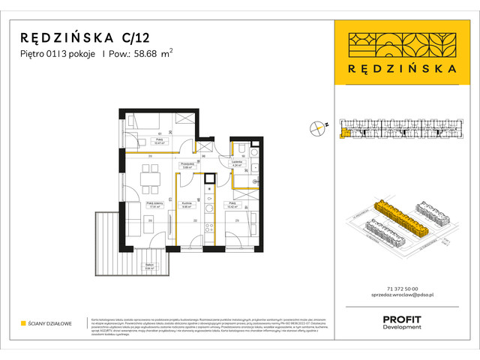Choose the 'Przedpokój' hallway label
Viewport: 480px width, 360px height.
(x=188, y=163)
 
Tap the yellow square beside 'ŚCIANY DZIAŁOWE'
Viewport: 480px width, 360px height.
(x=22, y=324)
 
